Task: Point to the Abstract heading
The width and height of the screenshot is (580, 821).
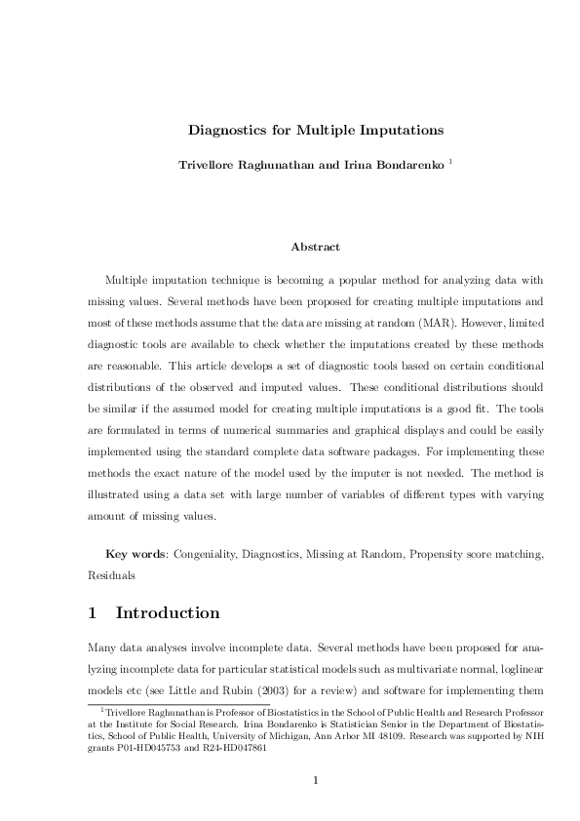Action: click(315, 247)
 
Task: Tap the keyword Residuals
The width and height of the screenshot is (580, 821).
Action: click(110, 575)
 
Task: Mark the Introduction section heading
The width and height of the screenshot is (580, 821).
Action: click(168, 613)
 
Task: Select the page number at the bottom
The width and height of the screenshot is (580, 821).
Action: click(315, 779)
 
